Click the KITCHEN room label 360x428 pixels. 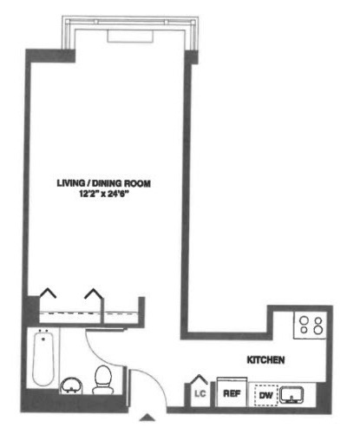click(265, 360)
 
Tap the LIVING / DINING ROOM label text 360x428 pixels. click(104, 183)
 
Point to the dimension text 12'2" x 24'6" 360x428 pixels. click(104, 194)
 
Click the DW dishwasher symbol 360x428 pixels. click(266, 395)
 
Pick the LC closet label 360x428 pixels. click(200, 394)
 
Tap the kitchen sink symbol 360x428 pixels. click(291, 395)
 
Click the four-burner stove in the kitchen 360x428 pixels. click(311, 325)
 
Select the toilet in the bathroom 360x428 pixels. click(102, 379)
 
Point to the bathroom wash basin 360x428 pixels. click(71, 385)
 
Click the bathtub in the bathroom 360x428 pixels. click(43, 359)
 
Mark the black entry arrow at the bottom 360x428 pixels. click(147, 417)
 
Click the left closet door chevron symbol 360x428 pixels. click(48, 293)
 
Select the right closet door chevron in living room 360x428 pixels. click(94, 293)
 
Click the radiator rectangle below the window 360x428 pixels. click(130, 36)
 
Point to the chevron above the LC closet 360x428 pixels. click(199, 379)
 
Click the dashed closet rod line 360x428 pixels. click(88, 313)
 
